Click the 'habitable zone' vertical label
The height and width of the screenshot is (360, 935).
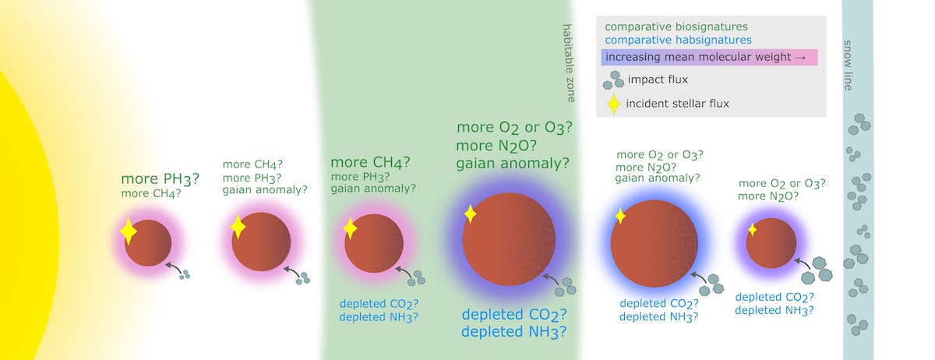(x=568, y=63)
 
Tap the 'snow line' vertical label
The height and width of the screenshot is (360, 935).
(x=848, y=65)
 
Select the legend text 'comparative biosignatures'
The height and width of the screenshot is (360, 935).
(x=676, y=26)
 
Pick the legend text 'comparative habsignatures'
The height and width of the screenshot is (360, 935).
(x=678, y=40)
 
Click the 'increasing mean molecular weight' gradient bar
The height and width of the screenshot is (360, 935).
(x=709, y=57)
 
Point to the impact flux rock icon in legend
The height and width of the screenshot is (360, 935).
(x=614, y=79)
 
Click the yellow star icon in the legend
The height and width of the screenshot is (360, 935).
(x=613, y=104)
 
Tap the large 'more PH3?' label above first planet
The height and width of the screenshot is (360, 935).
(x=160, y=179)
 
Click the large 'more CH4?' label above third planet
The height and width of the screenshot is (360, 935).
(x=370, y=162)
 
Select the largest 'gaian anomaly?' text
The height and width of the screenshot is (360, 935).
(x=512, y=164)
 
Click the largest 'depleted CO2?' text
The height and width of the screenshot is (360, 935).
(x=513, y=315)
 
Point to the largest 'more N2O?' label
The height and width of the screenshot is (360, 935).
(x=496, y=146)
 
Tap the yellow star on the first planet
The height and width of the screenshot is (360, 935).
(x=128, y=231)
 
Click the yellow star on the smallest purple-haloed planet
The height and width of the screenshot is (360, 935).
(x=752, y=229)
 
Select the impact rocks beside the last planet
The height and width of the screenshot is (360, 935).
(x=817, y=270)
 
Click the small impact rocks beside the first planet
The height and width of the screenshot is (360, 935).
(x=185, y=274)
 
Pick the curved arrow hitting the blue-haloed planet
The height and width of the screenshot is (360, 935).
(x=698, y=277)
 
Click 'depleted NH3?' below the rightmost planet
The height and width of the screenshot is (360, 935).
(x=774, y=311)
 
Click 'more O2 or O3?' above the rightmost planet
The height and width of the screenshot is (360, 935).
(x=782, y=184)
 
